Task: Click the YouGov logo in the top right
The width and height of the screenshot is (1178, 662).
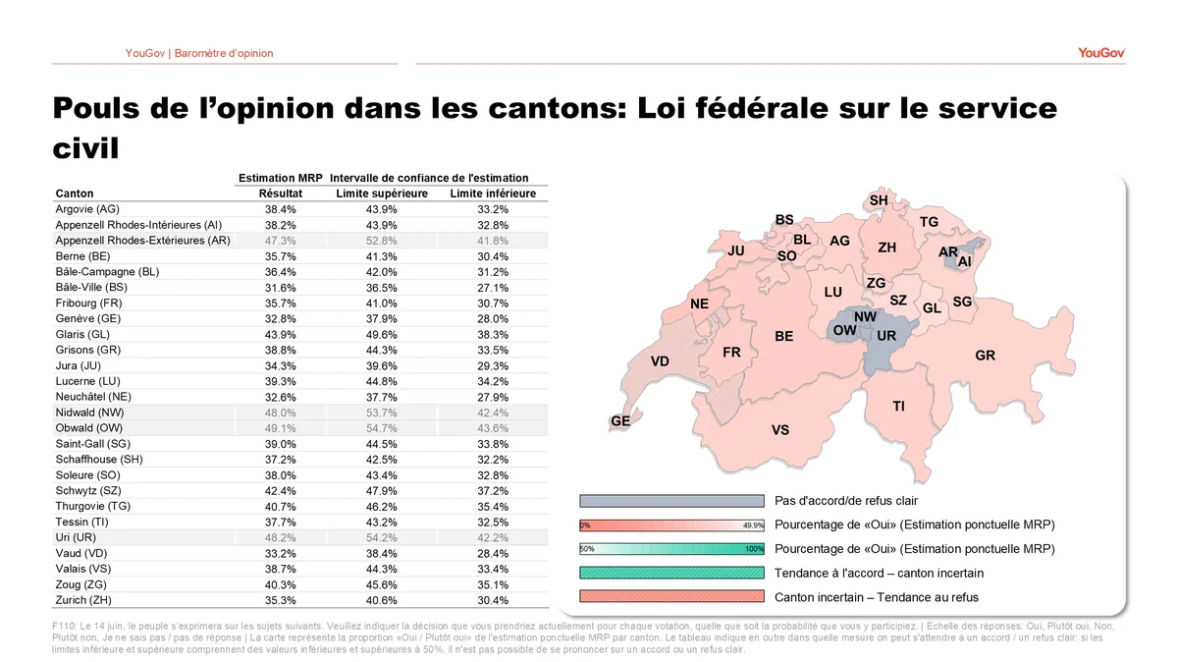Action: click(1101, 53)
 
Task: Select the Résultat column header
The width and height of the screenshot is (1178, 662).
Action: click(281, 193)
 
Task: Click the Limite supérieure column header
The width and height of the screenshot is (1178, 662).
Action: click(382, 193)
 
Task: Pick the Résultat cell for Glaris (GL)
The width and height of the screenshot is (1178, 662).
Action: click(281, 335)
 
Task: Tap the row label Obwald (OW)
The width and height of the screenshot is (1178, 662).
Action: click(89, 428)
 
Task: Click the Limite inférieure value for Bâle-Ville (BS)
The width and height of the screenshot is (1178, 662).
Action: click(493, 288)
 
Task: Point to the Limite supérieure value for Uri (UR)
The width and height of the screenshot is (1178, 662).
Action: click(382, 538)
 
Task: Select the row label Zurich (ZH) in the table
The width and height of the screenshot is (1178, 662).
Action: click(83, 600)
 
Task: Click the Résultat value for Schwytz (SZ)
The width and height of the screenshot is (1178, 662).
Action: click(281, 491)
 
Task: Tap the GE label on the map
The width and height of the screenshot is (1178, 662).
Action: click(620, 421)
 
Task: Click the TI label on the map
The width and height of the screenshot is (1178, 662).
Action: click(899, 407)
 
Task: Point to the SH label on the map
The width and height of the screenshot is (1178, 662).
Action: click(879, 200)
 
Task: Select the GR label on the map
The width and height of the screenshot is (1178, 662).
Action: click(985, 356)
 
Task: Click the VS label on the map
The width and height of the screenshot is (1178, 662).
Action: click(780, 430)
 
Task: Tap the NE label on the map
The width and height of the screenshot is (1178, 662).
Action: click(699, 304)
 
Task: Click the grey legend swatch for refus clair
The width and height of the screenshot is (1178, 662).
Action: click(671, 501)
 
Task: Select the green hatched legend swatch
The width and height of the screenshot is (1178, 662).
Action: click(671, 573)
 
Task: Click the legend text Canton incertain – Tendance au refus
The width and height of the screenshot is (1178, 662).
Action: click(876, 597)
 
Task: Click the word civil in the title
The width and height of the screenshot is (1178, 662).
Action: click(85, 148)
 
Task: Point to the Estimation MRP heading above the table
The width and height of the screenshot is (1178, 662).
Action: click(281, 178)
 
